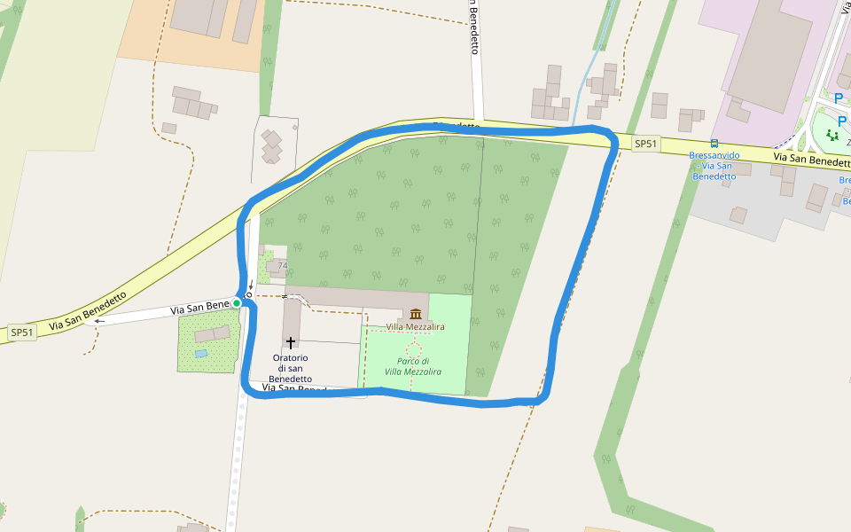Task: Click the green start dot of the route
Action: coord(237,303)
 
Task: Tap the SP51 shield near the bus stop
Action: coord(646,144)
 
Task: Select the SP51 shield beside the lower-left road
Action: coord(22,332)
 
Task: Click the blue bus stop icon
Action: coord(714,144)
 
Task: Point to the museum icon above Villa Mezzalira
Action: coord(415,314)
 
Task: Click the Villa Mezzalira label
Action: coord(415,327)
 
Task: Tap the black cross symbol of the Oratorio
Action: coord(290,342)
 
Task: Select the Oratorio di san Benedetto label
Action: coord(292,368)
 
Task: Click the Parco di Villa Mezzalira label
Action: coord(413,366)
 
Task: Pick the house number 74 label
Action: coord(283,266)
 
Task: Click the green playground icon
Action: coord(832,135)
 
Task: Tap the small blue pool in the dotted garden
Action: coord(201,353)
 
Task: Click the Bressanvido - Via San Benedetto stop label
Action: coord(714,166)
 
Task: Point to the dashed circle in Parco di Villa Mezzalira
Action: coord(414,350)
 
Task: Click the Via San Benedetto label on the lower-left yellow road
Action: coord(88,309)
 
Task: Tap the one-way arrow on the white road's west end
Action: coord(99,321)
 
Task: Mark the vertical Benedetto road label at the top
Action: coord(474,27)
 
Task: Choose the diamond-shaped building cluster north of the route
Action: coord(272,145)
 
